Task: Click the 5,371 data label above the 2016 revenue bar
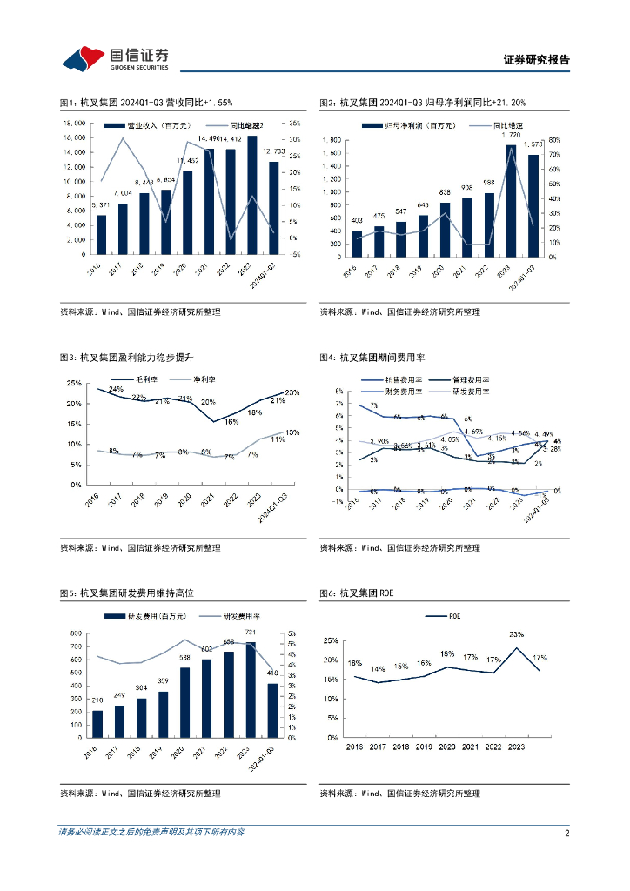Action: tap(100, 206)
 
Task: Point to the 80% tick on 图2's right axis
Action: tap(555, 139)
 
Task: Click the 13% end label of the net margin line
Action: tap(292, 432)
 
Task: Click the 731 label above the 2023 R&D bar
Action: tap(250, 633)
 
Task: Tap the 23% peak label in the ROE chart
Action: tap(517, 634)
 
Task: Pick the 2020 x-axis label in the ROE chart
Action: tap(447, 747)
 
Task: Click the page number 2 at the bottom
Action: tap(566, 833)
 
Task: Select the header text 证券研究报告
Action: tap(536, 60)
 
